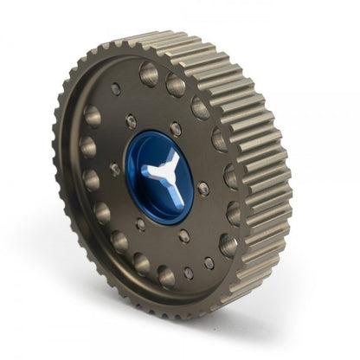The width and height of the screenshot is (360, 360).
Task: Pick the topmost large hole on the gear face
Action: [149, 73]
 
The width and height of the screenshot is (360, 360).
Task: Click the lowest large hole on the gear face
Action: [166, 277]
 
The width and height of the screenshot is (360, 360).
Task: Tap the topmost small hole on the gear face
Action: [116, 88]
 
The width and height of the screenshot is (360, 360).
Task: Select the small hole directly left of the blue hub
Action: [115, 170]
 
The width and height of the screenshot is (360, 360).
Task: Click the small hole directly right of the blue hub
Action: [204, 187]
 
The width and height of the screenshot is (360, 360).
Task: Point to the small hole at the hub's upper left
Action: [131, 122]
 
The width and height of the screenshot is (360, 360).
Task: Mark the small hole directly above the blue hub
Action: [176, 129]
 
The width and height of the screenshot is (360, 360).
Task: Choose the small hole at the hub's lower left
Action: [140, 223]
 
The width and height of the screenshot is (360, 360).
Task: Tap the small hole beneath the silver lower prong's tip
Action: [184, 235]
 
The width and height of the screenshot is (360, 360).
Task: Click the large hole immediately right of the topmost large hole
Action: [176, 84]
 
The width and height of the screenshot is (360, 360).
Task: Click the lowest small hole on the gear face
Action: [190, 273]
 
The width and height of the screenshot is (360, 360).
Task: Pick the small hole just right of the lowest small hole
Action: [209, 262]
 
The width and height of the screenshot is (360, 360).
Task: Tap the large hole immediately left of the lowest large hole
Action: [141, 263]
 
